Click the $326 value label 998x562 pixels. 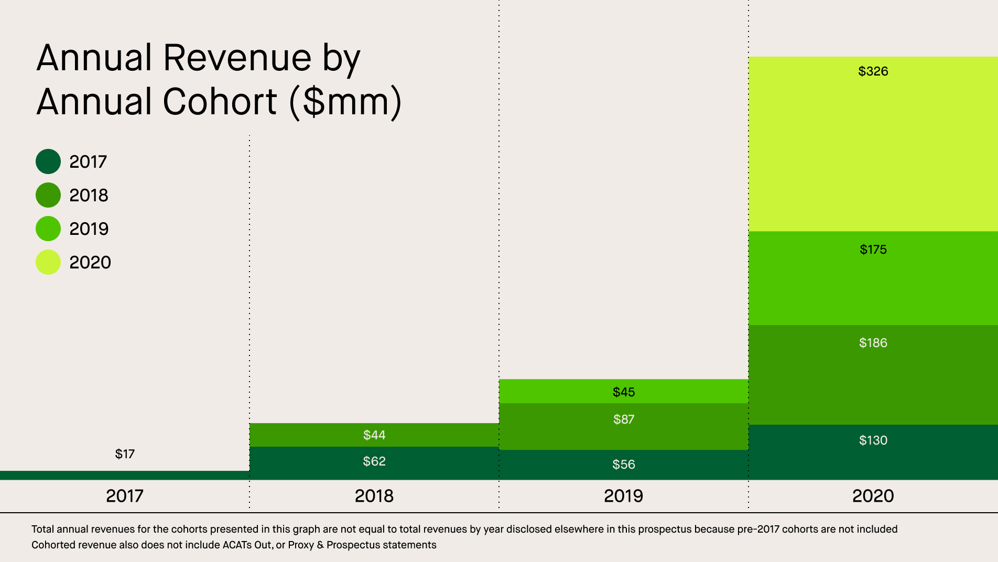point(873,71)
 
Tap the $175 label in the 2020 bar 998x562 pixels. point(873,250)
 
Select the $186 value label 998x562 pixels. point(873,343)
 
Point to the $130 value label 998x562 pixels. point(873,440)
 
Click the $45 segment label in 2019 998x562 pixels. point(623,392)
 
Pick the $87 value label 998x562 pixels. point(623,419)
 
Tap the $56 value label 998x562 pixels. point(623,464)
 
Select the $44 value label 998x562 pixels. point(374,435)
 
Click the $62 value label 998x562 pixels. point(374,461)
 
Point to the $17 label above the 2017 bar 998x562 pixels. point(125,454)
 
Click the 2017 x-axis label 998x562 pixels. point(125,496)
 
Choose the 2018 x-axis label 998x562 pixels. point(374,496)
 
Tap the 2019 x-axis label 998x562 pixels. point(623,496)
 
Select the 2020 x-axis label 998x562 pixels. point(873,496)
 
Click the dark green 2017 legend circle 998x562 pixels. point(48,161)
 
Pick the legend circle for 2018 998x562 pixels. point(48,195)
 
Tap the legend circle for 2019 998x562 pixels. point(48,229)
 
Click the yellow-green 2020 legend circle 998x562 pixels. point(48,262)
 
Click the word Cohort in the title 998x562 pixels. point(220,102)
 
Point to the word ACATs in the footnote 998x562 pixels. point(238,545)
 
